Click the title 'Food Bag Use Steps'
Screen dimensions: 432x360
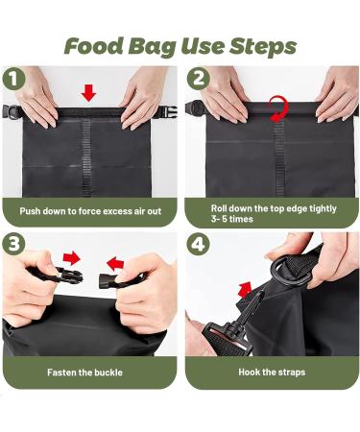(x=180, y=45)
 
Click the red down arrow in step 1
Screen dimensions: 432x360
(x=88, y=93)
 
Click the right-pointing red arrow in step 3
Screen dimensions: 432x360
(x=71, y=259)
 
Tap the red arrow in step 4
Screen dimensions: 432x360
(x=245, y=287)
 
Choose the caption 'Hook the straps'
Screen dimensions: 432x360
(x=272, y=372)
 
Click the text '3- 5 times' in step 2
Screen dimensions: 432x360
(x=233, y=220)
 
